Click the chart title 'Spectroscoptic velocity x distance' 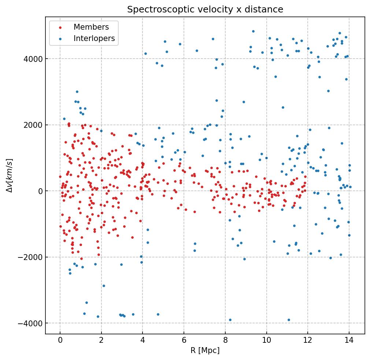pyautogui.click(x=205, y=10)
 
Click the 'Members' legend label pyautogui.click(x=91, y=27)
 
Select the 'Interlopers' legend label pyautogui.click(x=94, y=38)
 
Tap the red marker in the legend pyautogui.click(x=61, y=27)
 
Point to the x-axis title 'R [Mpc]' pyautogui.click(x=205, y=350)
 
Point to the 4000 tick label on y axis pyautogui.click(x=33, y=59)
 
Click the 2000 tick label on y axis pyautogui.click(x=33, y=125)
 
